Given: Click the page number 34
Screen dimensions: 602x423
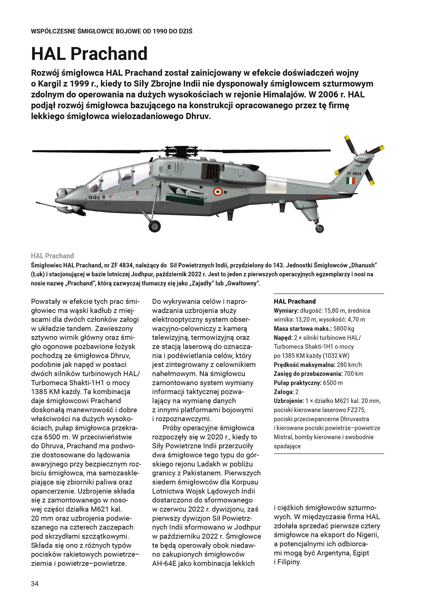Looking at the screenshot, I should click(x=35, y=584).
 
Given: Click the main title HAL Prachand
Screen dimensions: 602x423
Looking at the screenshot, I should click(x=89, y=54).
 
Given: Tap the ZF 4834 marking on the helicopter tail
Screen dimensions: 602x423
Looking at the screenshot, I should click(x=354, y=174).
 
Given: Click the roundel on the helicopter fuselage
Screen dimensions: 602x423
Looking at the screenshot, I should click(x=218, y=191).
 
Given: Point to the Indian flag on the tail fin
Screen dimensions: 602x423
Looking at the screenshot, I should click(x=350, y=181).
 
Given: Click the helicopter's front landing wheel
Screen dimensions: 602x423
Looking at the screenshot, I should click(x=155, y=226).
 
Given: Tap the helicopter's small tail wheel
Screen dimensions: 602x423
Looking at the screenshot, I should click(x=320, y=229).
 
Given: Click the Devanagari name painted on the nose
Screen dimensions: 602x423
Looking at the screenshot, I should click(x=94, y=197).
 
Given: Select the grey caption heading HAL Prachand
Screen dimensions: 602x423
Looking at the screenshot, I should click(x=52, y=256).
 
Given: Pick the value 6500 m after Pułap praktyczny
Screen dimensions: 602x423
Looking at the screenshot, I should click(x=333, y=383).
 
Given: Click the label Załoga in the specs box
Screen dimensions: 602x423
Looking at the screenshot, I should click(x=284, y=392).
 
